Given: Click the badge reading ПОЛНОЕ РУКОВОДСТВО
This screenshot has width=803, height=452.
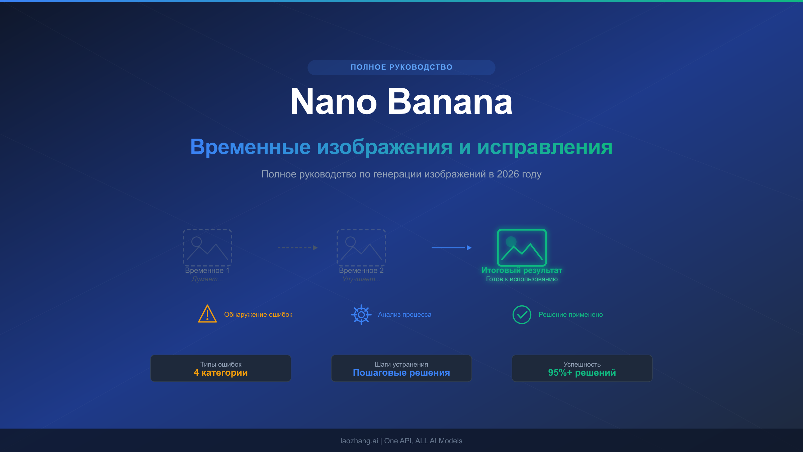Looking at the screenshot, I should pyautogui.click(x=401, y=67).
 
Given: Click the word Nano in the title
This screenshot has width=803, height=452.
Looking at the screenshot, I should pyautogui.click(x=333, y=102).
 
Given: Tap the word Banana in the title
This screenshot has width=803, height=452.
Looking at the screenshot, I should pyautogui.click(x=450, y=102).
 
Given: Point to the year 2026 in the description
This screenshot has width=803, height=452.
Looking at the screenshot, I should pyautogui.click(x=508, y=174).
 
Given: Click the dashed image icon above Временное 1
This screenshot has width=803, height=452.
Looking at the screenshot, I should pyautogui.click(x=207, y=247).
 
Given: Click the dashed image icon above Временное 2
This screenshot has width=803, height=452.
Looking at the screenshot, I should pyautogui.click(x=361, y=247).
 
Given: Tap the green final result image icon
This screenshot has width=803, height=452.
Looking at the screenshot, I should pyautogui.click(x=522, y=247).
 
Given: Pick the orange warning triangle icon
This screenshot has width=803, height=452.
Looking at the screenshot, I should pyautogui.click(x=207, y=314).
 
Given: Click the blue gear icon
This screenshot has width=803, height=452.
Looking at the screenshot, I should pyautogui.click(x=361, y=314).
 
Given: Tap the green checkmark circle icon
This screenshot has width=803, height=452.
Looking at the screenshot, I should pyautogui.click(x=522, y=314).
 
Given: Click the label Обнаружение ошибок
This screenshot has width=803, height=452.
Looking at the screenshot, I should pyautogui.click(x=258, y=314).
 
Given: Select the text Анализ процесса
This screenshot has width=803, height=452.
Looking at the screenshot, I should pyautogui.click(x=405, y=314).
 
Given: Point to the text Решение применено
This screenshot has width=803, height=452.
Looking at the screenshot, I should pyautogui.click(x=570, y=314).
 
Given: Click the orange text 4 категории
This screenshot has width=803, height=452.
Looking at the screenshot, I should pyautogui.click(x=220, y=373).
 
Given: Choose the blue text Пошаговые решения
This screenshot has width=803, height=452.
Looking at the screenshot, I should pyautogui.click(x=401, y=373).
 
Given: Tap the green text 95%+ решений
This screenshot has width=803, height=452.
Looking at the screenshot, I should pyautogui.click(x=582, y=373).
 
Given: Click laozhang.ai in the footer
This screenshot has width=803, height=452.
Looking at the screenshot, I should pyautogui.click(x=359, y=441).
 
